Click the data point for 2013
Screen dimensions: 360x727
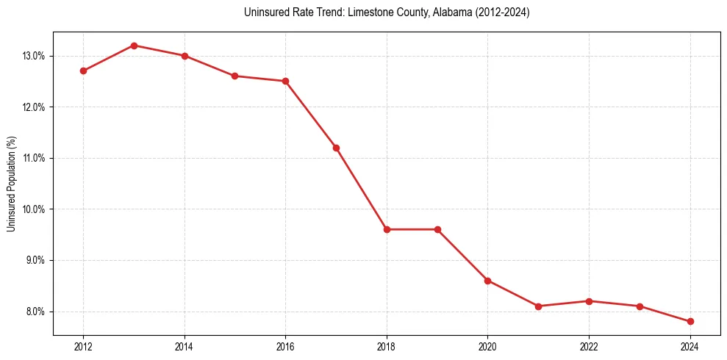134,46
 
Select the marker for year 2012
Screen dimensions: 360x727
84,71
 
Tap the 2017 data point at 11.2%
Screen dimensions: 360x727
336,148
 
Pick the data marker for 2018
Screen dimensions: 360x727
387,229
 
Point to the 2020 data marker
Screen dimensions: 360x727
487,281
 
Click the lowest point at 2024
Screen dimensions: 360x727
690,321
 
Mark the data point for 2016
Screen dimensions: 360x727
285,81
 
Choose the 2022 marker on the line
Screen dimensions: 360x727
589,301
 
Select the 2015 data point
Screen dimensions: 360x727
235,76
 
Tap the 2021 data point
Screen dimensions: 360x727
538,306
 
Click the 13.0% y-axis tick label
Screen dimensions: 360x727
35,56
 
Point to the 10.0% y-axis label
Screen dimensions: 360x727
35,209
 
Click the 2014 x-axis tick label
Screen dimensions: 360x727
185,347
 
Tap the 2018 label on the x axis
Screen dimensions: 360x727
387,347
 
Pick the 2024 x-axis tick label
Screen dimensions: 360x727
690,347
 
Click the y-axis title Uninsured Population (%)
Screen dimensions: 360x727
12,184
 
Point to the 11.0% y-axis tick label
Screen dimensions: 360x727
35,158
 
